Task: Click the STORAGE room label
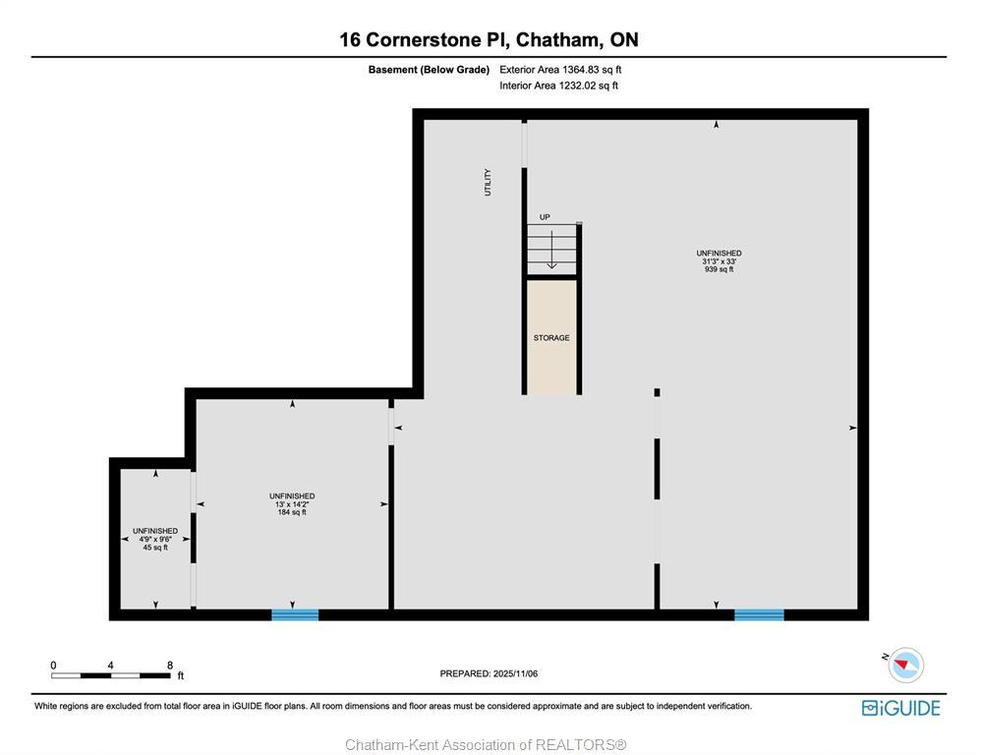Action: click(551, 338)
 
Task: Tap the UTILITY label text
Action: click(488, 182)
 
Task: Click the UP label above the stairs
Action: click(545, 217)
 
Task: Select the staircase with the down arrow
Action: click(551, 250)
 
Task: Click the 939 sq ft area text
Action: click(719, 269)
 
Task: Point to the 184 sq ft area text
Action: click(292, 512)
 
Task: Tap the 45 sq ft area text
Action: click(155, 548)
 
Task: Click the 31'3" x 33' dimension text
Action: click(719, 261)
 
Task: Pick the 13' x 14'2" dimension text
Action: click(292, 504)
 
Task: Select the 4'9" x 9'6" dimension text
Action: click(155, 540)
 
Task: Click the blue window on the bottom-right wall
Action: click(759, 615)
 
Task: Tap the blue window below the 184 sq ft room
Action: click(295, 615)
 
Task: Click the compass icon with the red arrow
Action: click(904, 666)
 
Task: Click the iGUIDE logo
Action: click(900, 708)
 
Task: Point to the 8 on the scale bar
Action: click(169, 666)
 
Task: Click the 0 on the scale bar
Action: click(53, 666)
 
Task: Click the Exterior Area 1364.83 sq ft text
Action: click(560, 70)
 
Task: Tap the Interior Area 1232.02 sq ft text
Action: click(558, 86)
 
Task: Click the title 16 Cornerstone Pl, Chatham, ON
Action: click(489, 39)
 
